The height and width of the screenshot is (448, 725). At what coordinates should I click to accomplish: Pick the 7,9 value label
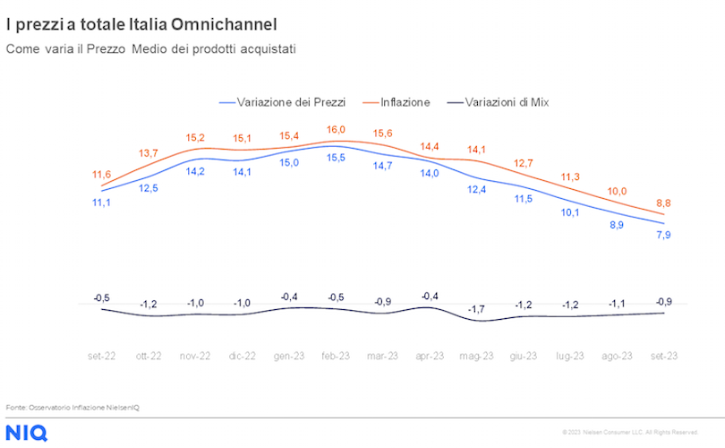tap(664, 235)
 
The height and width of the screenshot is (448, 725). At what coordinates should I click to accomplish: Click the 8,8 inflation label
tap(664, 203)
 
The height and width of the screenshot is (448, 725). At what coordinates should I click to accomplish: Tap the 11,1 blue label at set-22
tap(101, 203)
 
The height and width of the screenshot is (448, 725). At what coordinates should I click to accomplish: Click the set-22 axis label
tap(101, 356)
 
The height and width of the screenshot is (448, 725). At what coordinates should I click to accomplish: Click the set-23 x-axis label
tap(663, 356)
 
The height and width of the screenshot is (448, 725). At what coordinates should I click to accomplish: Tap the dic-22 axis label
tap(242, 356)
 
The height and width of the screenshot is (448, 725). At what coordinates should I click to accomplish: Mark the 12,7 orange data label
tap(524, 163)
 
